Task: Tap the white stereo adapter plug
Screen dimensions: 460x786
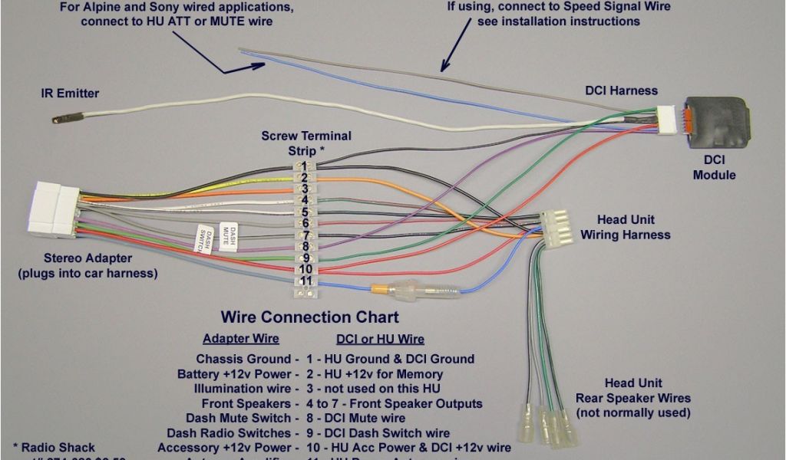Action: pyautogui.click(x=54, y=209)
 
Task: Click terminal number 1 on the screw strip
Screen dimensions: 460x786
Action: pyautogui.click(x=305, y=166)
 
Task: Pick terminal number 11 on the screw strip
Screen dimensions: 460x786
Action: pyautogui.click(x=305, y=281)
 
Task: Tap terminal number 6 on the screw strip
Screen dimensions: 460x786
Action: pyautogui.click(x=305, y=223)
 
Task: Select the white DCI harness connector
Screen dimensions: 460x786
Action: pyautogui.click(x=673, y=121)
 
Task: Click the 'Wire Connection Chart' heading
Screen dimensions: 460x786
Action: pyautogui.click(x=309, y=317)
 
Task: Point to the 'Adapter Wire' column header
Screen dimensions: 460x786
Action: pyautogui.click(x=240, y=339)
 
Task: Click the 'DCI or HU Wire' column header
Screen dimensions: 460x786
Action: pyautogui.click(x=380, y=339)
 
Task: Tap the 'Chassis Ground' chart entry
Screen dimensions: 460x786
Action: pyautogui.click(x=244, y=359)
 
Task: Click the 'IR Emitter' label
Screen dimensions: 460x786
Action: pyautogui.click(x=70, y=94)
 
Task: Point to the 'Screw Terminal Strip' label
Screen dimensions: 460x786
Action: pyautogui.click(x=306, y=143)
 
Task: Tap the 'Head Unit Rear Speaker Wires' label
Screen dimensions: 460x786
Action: pyautogui.click(x=633, y=398)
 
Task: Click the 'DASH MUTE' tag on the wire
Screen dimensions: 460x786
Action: pyautogui.click(x=228, y=235)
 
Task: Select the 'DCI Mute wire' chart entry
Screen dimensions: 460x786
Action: pyautogui.click(x=367, y=419)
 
